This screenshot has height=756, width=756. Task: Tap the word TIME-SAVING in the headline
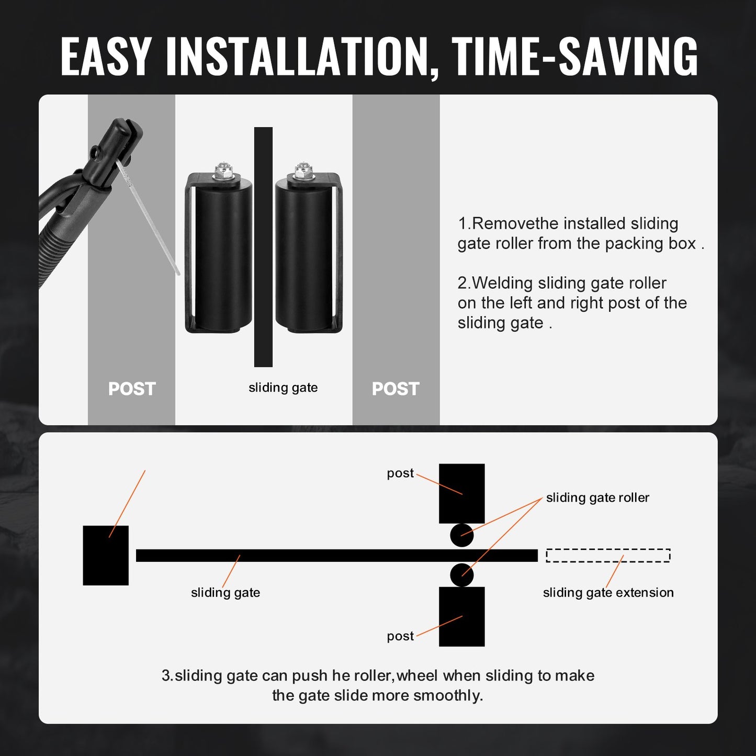[x=574, y=57]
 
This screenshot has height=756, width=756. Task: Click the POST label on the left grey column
[x=132, y=389]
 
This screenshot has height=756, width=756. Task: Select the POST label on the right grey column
[x=396, y=389]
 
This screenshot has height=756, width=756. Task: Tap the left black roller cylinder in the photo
[x=220, y=256]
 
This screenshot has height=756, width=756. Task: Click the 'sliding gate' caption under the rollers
[x=283, y=388]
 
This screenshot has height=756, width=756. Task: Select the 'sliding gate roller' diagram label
[x=597, y=498]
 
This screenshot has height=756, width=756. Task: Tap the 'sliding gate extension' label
[x=608, y=593]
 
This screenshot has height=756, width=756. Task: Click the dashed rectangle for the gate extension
[x=608, y=555]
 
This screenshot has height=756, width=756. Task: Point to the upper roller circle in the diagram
[x=461, y=535]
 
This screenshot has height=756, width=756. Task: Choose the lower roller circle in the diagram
[x=461, y=575]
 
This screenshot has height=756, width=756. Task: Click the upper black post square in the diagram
[x=461, y=493]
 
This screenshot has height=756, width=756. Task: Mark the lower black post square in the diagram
[x=461, y=616]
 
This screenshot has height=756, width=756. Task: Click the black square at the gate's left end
[x=106, y=555]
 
